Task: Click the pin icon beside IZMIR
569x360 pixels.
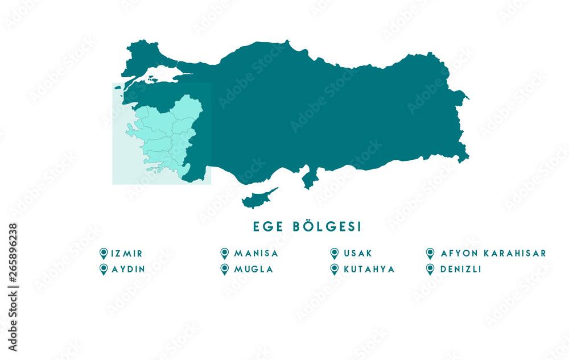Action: [x=104, y=253]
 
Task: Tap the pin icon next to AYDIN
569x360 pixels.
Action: [x=104, y=269]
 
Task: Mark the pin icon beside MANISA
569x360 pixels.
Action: [x=224, y=253]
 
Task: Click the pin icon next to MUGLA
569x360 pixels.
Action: [x=224, y=269]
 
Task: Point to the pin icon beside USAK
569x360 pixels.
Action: [x=334, y=253]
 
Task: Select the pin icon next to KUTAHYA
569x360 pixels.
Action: [x=334, y=269]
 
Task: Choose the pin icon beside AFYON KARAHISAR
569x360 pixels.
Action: [x=430, y=253]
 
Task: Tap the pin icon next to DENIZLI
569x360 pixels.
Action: [x=430, y=269]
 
